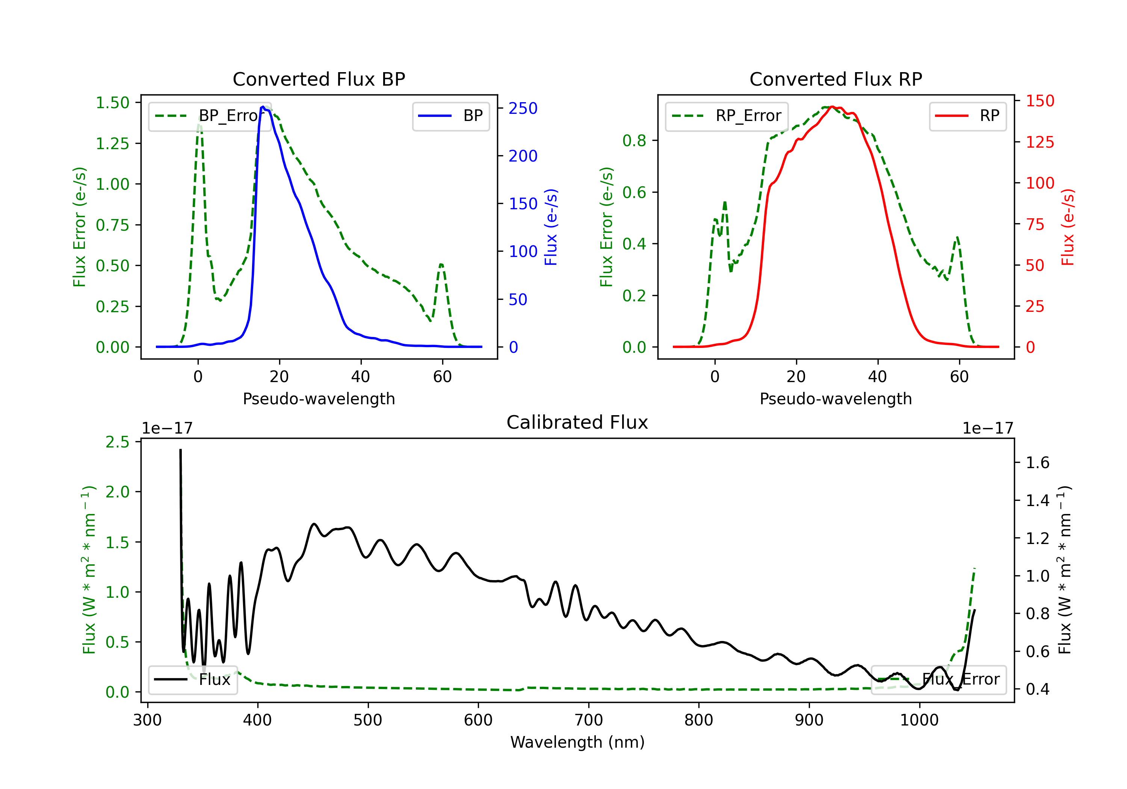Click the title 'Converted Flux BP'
point(319,79)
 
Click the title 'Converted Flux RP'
point(835,79)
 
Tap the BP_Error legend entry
point(210,116)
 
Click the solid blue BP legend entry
point(450,116)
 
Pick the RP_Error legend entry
point(727,116)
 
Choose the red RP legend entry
point(967,116)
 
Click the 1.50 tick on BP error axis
point(112,103)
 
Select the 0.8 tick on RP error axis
point(634,141)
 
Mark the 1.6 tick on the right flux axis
point(1037,463)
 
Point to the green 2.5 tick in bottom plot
point(117,442)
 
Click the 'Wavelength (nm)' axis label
point(577,742)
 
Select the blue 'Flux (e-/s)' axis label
point(551,227)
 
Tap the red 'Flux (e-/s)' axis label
point(1068,227)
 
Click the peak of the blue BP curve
point(263,107)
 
